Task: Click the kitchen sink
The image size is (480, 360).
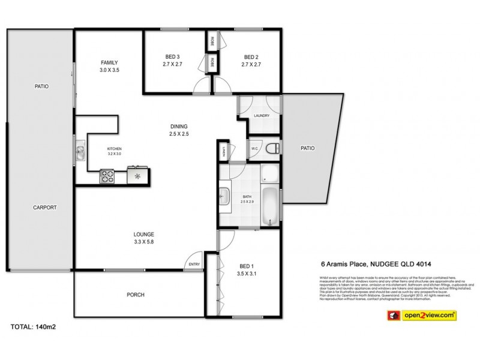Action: [80, 154]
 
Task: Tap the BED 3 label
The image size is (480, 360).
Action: [173, 57]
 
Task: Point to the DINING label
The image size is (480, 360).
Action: [178, 126]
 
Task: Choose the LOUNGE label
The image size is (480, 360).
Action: [145, 234]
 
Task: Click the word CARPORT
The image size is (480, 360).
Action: [44, 208]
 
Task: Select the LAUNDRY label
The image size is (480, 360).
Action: [261, 116]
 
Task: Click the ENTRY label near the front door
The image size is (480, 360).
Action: [194, 265]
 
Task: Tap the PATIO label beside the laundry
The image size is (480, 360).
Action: [307, 148]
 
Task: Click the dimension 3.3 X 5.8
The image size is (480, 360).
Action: [145, 242]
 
